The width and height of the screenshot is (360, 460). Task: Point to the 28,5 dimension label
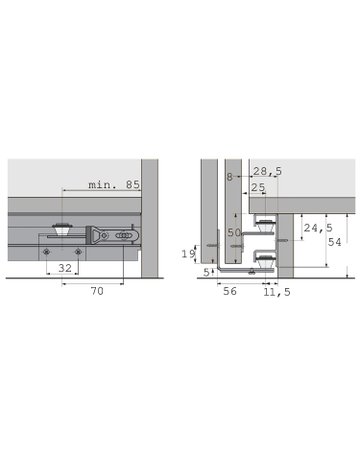coord(268,172)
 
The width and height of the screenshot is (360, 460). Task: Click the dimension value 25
coord(259,187)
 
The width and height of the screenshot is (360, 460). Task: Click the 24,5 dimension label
coord(317,229)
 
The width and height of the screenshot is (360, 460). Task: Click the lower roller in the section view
coord(265,259)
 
